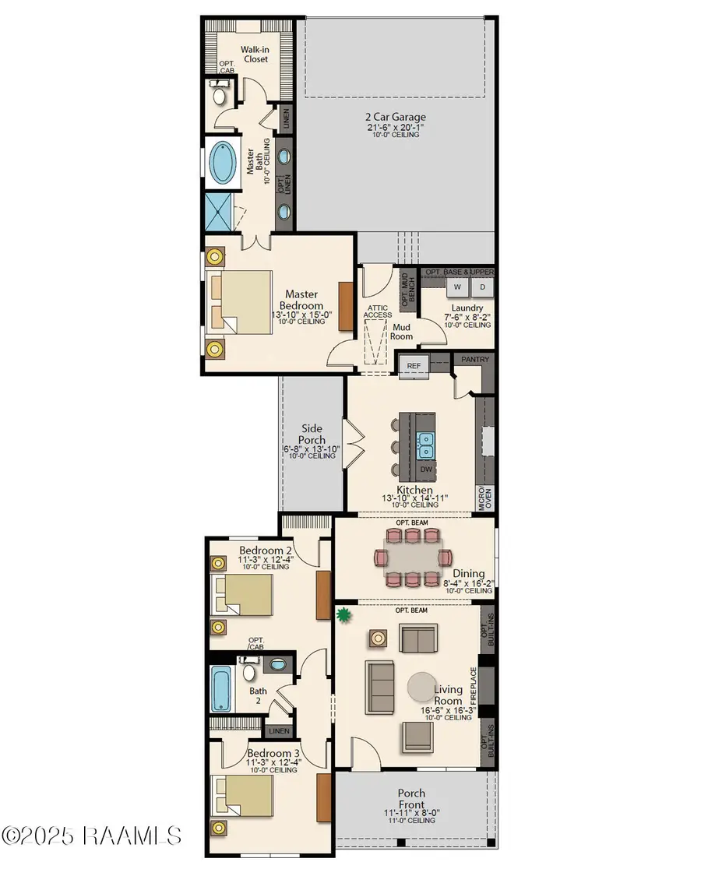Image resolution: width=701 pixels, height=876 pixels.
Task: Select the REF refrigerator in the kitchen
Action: click(414, 365)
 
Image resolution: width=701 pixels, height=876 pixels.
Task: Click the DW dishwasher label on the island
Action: click(425, 470)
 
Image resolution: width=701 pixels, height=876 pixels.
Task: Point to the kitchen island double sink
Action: click(425, 445)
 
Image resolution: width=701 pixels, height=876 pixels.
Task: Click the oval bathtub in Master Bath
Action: click(224, 161)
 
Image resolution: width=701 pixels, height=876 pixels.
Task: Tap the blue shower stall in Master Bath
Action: click(219, 210)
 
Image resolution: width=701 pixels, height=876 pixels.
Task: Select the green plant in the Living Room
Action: click(343, 615)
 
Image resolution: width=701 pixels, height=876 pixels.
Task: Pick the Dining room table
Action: click(412, 557)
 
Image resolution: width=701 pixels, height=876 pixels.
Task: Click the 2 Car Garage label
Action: click(397, 118)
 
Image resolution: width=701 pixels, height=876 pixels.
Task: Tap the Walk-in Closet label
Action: click(254, 54)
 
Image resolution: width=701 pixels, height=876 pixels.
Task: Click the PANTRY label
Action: click(474, 360)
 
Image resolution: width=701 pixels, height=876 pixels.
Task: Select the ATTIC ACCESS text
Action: click(377, 310)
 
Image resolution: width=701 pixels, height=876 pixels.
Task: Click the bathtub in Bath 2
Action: click(223, 689)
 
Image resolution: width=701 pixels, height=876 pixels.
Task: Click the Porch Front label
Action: click(412, 799)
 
